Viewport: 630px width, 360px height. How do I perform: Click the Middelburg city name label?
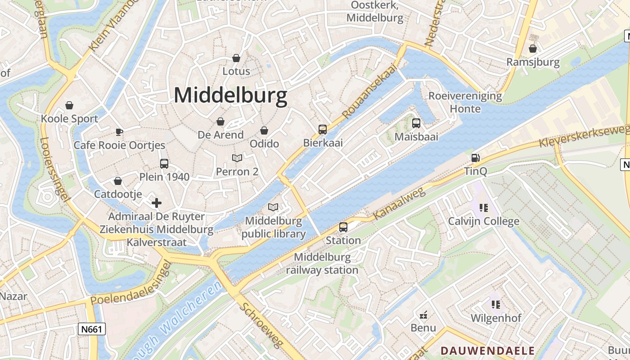(230, 95)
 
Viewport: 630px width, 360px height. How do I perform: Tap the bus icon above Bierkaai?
(323, 130)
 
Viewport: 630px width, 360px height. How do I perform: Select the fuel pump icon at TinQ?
(475, 158)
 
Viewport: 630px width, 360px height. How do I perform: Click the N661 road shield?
(92, 329)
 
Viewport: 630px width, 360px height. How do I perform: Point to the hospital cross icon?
(157, 203)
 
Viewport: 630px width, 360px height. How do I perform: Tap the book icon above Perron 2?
(237, 158)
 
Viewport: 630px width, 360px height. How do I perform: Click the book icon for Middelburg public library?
(273, 207)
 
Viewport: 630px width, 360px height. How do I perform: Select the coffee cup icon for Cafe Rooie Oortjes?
(119, 132)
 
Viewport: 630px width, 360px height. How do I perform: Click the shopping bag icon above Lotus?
(236, 58)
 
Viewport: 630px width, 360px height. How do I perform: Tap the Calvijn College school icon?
(484, 207)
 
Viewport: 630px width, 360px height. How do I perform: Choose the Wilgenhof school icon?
(496, 304)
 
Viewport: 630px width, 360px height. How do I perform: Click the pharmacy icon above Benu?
(423, 314)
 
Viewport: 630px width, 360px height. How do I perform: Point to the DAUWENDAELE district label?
(487, 351)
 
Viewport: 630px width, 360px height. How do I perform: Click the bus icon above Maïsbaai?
(416, 123)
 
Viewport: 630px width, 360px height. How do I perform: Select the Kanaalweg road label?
(399, 204)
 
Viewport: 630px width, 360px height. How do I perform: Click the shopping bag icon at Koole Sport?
(69, 105)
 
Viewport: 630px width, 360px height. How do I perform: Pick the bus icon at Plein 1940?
(164, 163)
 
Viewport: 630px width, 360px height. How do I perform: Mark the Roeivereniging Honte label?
(465, 102)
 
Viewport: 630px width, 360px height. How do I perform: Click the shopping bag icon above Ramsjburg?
(533, 49)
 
